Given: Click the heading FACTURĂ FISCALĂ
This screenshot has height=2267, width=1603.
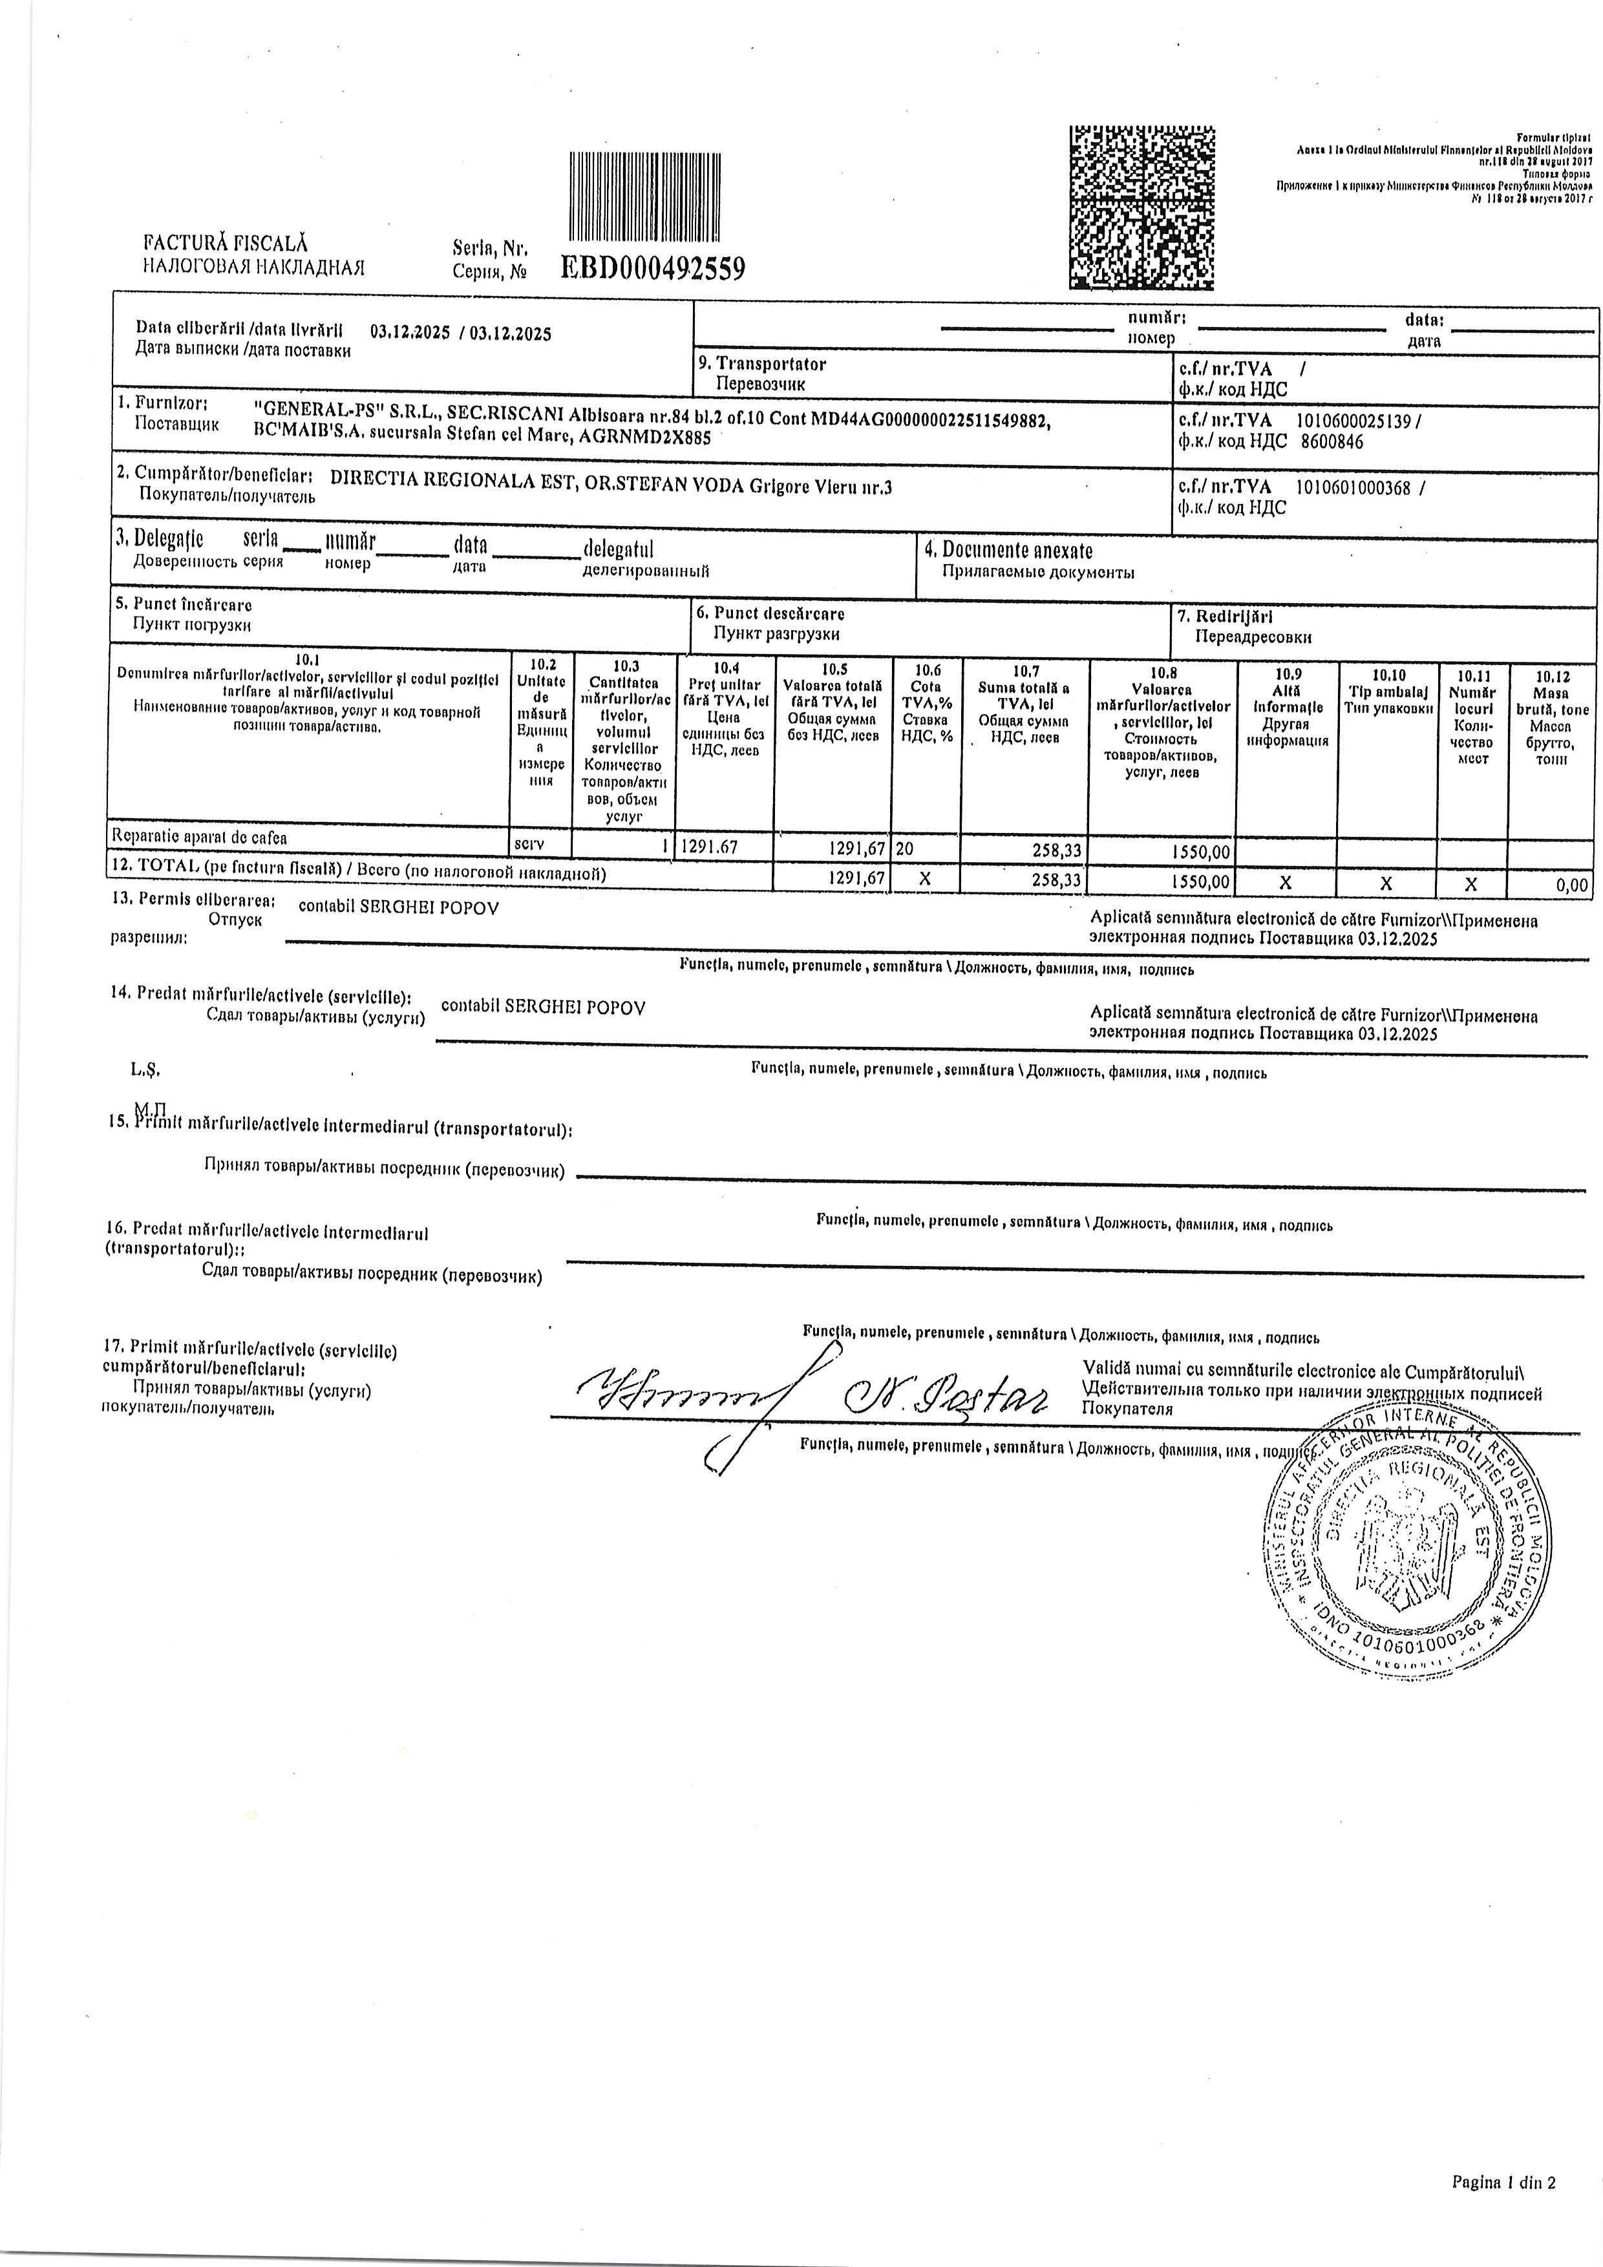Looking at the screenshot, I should [x=226, y=241].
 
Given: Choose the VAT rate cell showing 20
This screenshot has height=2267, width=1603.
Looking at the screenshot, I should [x=905, y=847].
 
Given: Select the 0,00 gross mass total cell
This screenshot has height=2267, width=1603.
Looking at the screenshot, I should [x=1571, y=885].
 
